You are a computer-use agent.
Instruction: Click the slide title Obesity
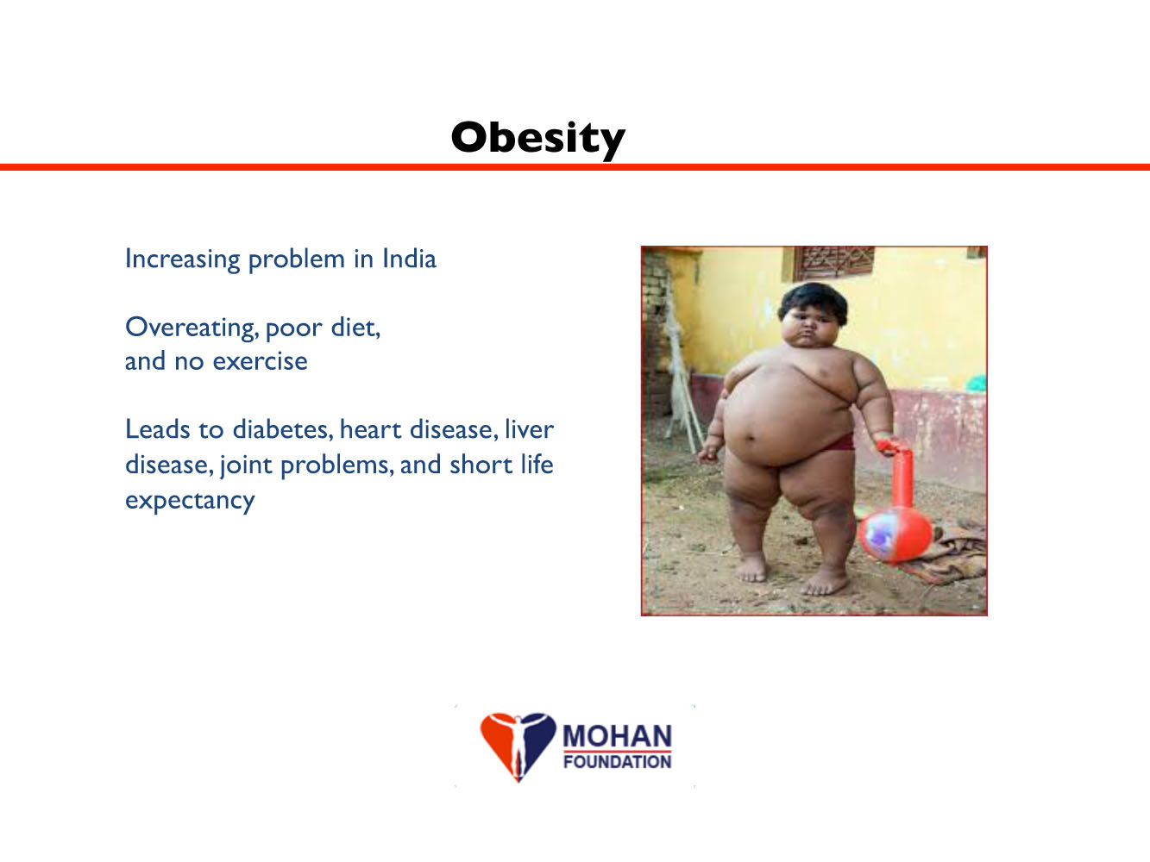pyautogui.click(x=538, y=138)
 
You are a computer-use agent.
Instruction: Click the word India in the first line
pyautogui.click(x=409, y=259)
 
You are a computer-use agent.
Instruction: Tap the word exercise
pyautogui.click(x=260, y=361)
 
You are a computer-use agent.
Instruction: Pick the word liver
pyautogui.click(x=529, y=429)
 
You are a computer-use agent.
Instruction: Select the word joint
pyautogui.click(x=246, y=465)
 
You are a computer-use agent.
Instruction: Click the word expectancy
pyautogui.click(x=190, y=501)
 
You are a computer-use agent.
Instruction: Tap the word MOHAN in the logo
pyautogui.click(x=617, y=736)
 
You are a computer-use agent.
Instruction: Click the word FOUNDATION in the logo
pyautogui.click(x=617, y=761)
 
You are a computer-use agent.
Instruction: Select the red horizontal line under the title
pyautogui.click(x=575, y=167)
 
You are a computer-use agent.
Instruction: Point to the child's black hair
pyautogui.click(x=813, y=301)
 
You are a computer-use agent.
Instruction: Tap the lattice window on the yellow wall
pyautogui.click(x=833, y=263)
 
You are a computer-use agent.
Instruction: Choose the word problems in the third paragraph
pyautogui.click(x=336, y=465)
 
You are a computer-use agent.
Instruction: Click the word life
pyautogui.click(x=537, y=465)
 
